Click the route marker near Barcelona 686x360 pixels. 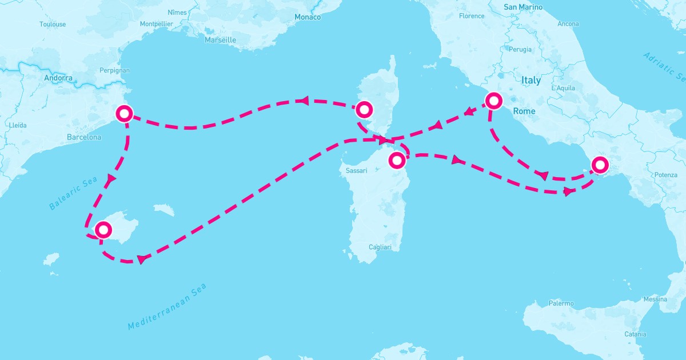click(124, 113)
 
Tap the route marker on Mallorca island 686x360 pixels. click(103, 230)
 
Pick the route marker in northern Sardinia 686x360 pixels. click(397, 160)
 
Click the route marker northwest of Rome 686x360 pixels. click(493, 101)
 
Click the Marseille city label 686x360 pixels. click(220, 40)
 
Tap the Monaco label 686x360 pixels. click(308, 17)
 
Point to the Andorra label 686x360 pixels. click(58, 78)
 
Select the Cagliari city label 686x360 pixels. click(380, 247)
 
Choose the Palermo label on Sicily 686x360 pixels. click(561, 303)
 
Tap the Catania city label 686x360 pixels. click(635, 334)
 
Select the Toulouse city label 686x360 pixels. click(53, 24)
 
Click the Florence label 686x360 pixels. click(472, 16)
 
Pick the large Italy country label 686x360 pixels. click(531, 81)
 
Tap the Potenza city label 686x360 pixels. click(666, 174)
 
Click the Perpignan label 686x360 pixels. click(114, 70)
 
